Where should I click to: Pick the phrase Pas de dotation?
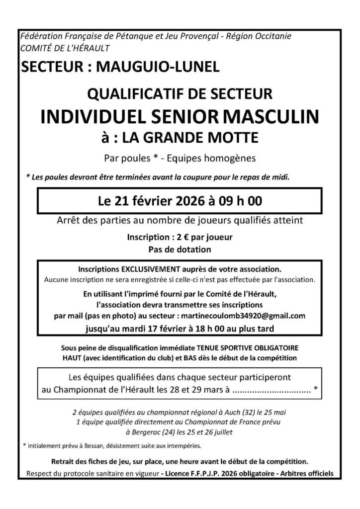(180, 248)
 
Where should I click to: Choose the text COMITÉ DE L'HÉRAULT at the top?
(65, 48)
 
